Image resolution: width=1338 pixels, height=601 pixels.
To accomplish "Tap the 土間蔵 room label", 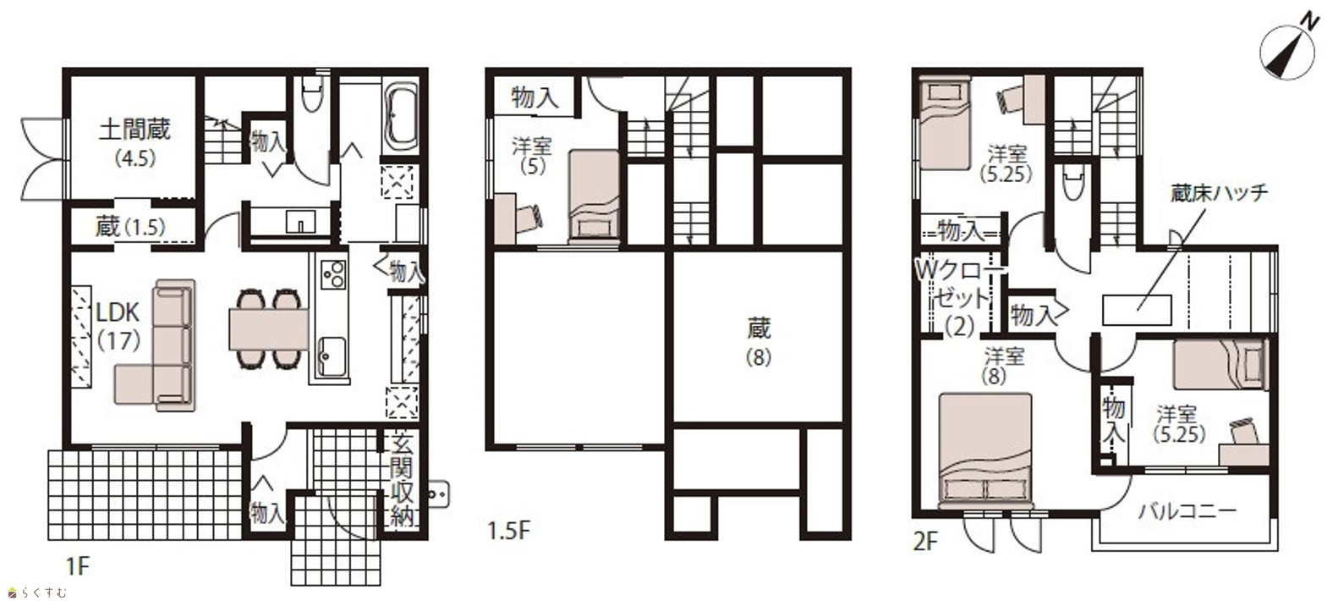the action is point(135,130).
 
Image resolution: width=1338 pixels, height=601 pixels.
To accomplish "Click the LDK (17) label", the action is point(118,326).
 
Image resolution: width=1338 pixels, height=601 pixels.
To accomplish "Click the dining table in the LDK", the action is point(269,329).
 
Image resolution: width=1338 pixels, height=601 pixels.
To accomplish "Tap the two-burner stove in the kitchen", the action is point(333,275).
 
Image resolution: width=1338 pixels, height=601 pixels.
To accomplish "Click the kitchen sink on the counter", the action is point(332,356).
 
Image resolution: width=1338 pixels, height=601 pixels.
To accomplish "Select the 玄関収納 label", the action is point(403,482).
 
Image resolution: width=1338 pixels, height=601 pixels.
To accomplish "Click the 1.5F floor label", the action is point(509,531).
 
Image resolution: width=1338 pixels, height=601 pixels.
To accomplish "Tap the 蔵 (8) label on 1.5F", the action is point(759,342).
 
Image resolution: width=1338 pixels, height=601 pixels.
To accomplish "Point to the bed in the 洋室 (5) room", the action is point(593,196).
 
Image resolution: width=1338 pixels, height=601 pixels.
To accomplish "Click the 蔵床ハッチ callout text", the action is point(1219,194).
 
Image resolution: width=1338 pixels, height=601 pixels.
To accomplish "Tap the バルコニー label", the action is point(1187,512).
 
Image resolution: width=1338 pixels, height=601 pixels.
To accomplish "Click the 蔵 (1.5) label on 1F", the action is point(130,227).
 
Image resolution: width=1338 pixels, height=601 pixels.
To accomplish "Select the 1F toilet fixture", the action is point(311,96).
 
